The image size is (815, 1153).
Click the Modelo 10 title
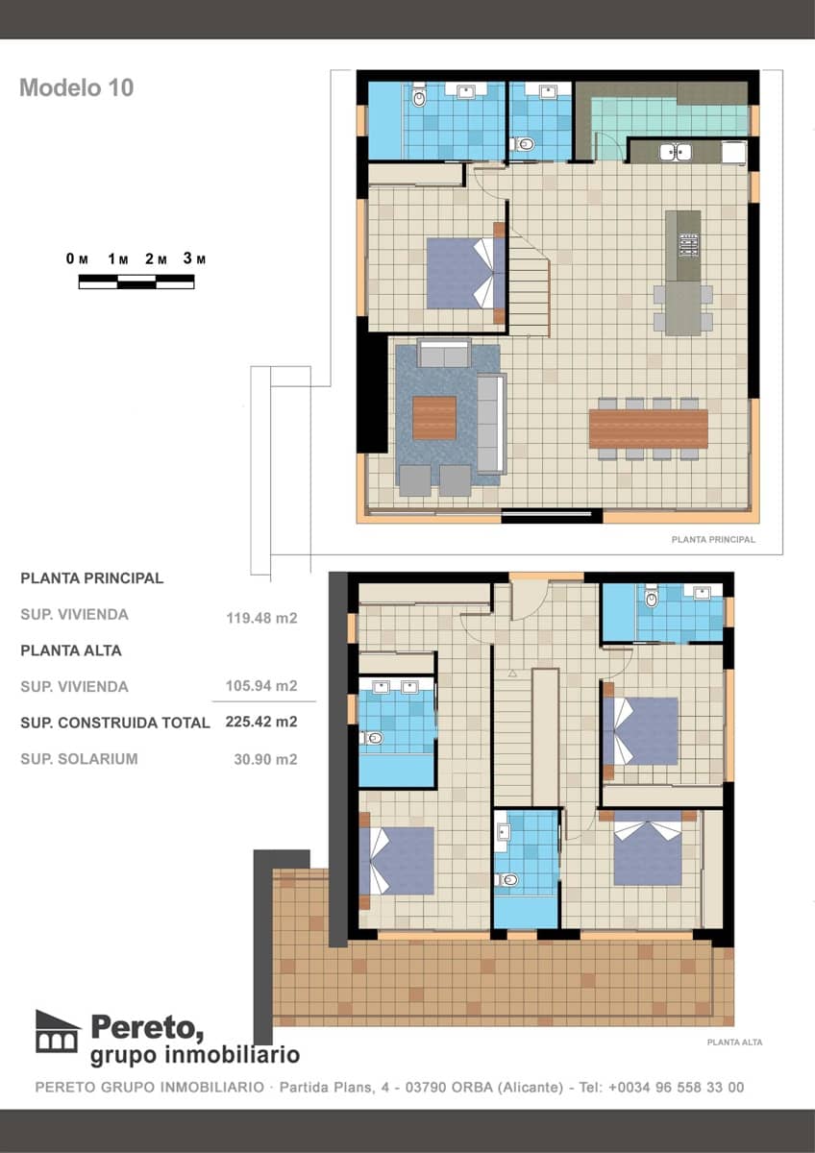tap(76, 87)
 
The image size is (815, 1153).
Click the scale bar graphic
tap(136, 282)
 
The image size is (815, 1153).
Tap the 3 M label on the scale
tap(194, 258)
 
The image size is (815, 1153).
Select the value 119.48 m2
tap(261, 618)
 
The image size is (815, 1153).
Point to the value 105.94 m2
tap(261, 686)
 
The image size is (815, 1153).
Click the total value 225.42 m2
tap(261, 722)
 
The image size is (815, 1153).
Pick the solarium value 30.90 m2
tap(265, 758)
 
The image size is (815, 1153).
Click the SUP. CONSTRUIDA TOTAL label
tap(114, 723)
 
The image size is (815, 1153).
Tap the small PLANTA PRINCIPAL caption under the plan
tap(712, 540)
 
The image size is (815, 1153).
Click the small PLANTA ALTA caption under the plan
tap(733, 1042)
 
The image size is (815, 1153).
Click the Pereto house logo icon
tap(57, 1031)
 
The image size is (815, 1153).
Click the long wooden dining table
tap(648, 429)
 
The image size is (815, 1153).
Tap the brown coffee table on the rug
tap(433, 417)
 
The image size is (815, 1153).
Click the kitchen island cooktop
tap(688, 244)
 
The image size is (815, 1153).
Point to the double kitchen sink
tap(675, 151)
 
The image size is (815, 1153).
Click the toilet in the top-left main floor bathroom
tap(419, 98)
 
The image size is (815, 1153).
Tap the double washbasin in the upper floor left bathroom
tap(396, 687)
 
